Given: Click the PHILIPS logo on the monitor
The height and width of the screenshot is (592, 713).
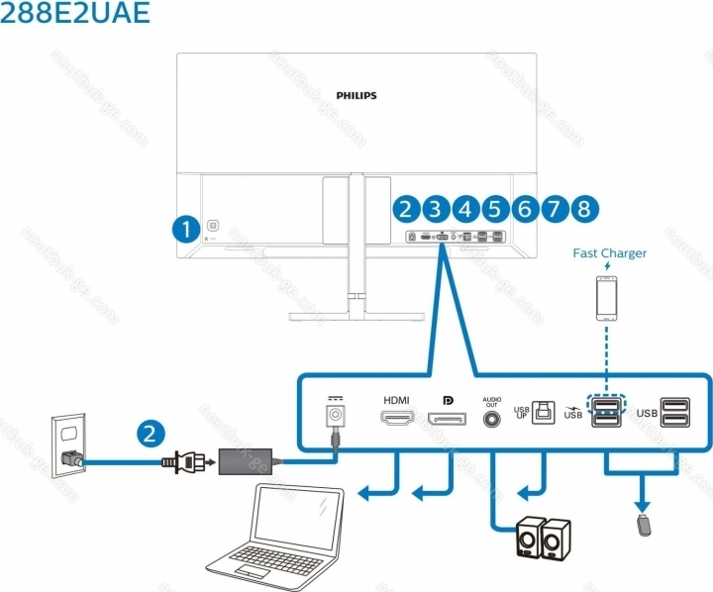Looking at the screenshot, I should click(356, 96).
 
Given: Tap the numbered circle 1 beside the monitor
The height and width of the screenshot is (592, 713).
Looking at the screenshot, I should click(184, 229).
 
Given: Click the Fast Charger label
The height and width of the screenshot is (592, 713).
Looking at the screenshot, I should click(609, 253).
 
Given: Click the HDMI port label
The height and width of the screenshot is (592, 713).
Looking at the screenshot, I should click(396, 400).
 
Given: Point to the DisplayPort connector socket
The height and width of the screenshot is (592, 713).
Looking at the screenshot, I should click(448, 421).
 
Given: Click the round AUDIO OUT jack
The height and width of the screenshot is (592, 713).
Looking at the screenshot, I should click(491, 419).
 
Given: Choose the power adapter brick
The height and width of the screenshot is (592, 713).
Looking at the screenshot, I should click(250, 459).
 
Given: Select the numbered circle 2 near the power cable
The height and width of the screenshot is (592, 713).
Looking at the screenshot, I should click(150, 432).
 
